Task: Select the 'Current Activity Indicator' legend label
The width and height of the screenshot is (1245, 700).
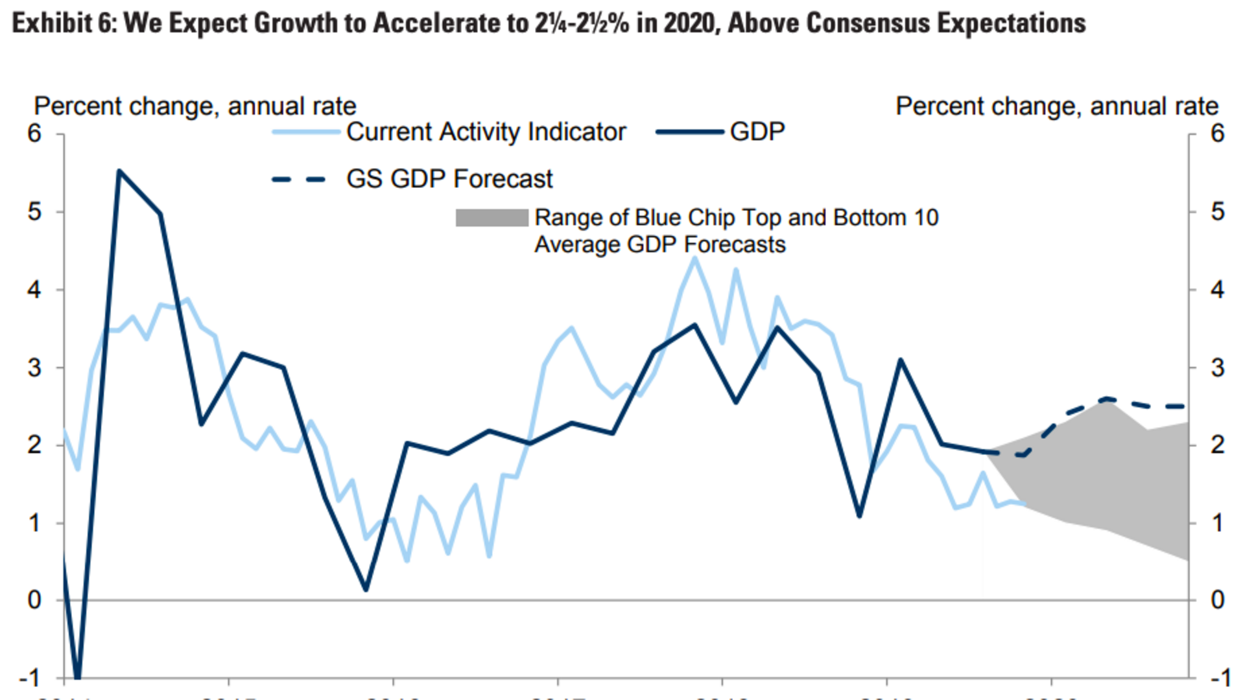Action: pos(486,132)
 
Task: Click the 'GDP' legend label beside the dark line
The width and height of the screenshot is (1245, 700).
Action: pos(757,132)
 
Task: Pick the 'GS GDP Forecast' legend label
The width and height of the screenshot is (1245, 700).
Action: pos(449,179)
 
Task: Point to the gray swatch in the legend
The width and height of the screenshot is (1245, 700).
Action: pos(492,218)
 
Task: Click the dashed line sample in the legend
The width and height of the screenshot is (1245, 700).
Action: pos(299,180)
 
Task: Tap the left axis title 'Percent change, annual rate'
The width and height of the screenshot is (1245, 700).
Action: pos(195,106)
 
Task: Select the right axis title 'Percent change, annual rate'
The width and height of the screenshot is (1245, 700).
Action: pos(1057,106)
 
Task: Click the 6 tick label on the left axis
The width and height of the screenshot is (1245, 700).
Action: pos(34,134)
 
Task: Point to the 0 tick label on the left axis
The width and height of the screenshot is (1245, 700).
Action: pos(34,600)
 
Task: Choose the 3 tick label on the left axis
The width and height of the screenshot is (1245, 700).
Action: pos(34,367)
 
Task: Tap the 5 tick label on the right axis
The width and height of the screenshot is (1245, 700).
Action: pos(1218,212)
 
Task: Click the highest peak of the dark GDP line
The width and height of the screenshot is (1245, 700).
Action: pos(119,171)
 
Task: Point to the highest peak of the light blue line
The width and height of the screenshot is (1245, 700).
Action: pos(695,258)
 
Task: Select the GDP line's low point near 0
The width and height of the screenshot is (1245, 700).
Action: pos(366,590)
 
